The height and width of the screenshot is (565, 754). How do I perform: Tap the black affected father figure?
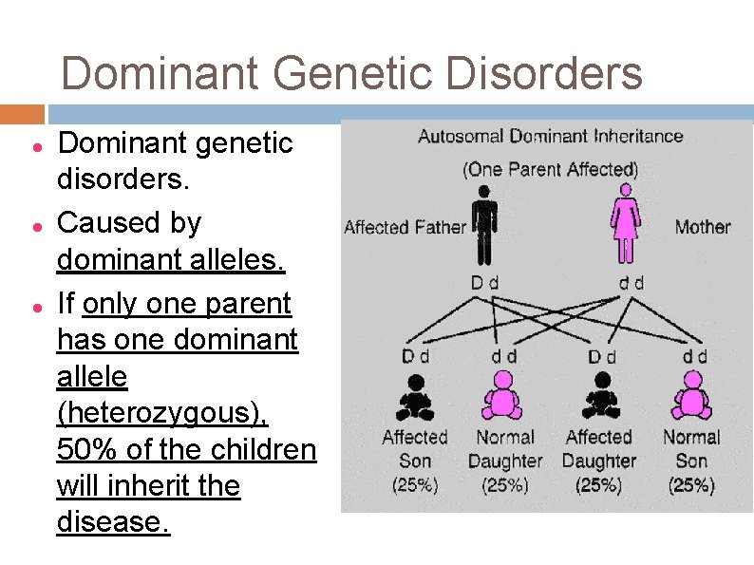point(484,224)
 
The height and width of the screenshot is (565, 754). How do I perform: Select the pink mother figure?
point(624,224)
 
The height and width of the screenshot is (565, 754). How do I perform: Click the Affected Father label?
point(405,227)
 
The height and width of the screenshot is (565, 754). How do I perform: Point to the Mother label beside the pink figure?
point(703,227)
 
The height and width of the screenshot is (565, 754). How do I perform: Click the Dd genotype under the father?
point(484,282)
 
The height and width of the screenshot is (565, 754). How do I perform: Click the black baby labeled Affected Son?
point(415,397)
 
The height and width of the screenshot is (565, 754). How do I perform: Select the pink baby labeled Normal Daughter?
point(504,397)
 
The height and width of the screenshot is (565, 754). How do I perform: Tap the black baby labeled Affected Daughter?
point(600,397)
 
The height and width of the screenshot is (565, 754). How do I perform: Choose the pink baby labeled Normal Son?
point(692,397)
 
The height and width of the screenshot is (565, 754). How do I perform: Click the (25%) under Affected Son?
point(415,485)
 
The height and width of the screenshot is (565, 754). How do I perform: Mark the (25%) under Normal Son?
point(691,485)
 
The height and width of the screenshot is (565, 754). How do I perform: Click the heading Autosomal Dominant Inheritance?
point(550,136)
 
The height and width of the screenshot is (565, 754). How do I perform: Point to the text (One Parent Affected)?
point(550,170)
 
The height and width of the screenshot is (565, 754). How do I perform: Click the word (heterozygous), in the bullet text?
point(162,413)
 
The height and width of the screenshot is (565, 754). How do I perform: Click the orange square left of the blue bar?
point(22,114)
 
